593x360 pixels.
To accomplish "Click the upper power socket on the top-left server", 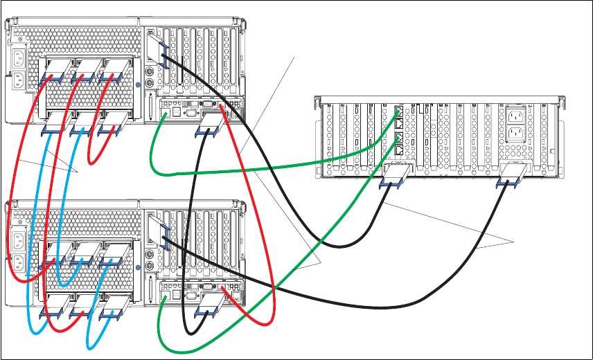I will (x=18, y=57).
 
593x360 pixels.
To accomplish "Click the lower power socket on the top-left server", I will (x=18, y=80).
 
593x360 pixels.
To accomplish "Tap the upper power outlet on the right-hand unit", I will (x=515, y=115).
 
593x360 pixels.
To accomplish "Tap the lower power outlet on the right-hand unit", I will (x=515, y=134).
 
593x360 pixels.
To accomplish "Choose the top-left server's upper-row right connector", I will (x=114, y=69).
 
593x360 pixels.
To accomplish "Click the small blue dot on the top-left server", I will (x=139, y=84).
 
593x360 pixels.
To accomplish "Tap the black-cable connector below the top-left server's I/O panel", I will (x=211, y=127).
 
